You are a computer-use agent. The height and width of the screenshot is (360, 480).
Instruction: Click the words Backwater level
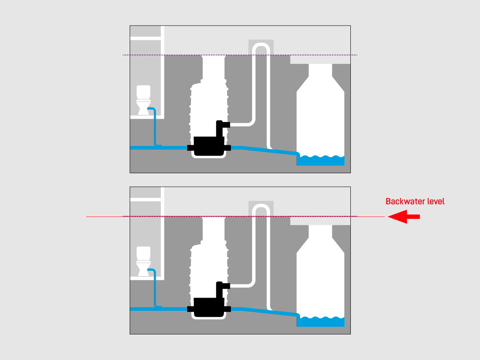tap(415, 201)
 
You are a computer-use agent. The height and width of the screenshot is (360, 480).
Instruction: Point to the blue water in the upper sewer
tap(320, 160)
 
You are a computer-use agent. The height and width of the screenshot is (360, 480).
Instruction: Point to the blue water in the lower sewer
tap(320, 322)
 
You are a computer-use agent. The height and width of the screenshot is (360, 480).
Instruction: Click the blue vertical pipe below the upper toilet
tap(155, 128)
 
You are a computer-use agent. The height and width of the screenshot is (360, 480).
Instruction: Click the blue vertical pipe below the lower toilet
tap(155, 289)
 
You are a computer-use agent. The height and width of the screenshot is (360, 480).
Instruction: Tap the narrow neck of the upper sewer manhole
tap(320, 71)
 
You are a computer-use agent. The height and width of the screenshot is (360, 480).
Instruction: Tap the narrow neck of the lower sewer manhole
tap(320, 232)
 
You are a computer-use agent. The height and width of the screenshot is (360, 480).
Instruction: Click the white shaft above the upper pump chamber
tap(213, 68)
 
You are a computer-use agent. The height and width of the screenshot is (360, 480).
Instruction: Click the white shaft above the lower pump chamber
tap(213, 229)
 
